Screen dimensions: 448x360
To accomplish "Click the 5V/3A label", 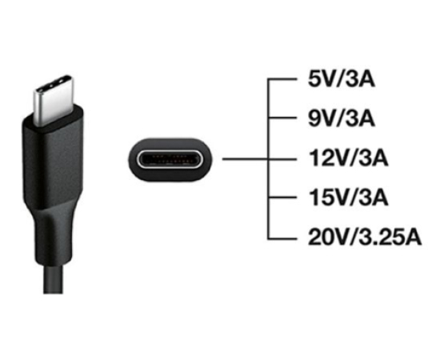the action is (342, 79).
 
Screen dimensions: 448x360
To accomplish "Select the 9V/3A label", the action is (342, 118).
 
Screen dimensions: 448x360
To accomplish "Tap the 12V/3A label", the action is (349, 158).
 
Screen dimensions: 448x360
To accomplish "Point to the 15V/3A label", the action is (349, 198).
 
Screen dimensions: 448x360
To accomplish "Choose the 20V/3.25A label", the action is (365, 237).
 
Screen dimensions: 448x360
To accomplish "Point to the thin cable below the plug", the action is (53, 278).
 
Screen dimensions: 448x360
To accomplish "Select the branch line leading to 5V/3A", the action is (282, 79).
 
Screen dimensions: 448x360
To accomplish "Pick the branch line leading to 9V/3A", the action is (282, 118).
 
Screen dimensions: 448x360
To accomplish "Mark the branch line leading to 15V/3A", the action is (282, 198).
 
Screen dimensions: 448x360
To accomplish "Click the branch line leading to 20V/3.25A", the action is (282, 238).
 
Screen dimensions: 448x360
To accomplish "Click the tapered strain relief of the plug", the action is (53, 234).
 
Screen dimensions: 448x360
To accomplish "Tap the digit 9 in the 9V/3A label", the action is (315, 118).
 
